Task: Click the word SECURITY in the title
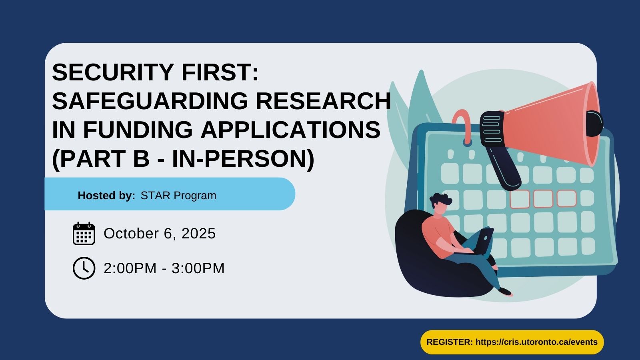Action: pyautogui.click(x=113, y=72)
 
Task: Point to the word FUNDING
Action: pyautogui.click(x=138, y=130)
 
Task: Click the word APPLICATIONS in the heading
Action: pyautogui.click(x=290, y=130)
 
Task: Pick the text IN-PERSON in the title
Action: pyautogui.click(x=243, y=158)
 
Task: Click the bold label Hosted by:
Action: pyautogui.click(x=106, y=196)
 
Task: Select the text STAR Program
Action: pyautogui.click(x=178, y=196)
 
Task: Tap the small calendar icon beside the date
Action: pyautogui.click(x=84, y=234)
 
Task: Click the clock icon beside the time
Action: pyautogui.click(x=84, y=268)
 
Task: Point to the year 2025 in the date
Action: pyautogui.click(x=198, y=234)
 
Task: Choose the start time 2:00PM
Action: pyautogui.click(x=130, y=268)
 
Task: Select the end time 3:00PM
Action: pyautogui.click(x=198, y=268)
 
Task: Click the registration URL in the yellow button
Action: pyautogui.click(x=536, y=342)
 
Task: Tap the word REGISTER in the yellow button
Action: pyautogui.click(x=450, y=342)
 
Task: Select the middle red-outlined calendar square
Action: pyautogui.click(x=543, y=198)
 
